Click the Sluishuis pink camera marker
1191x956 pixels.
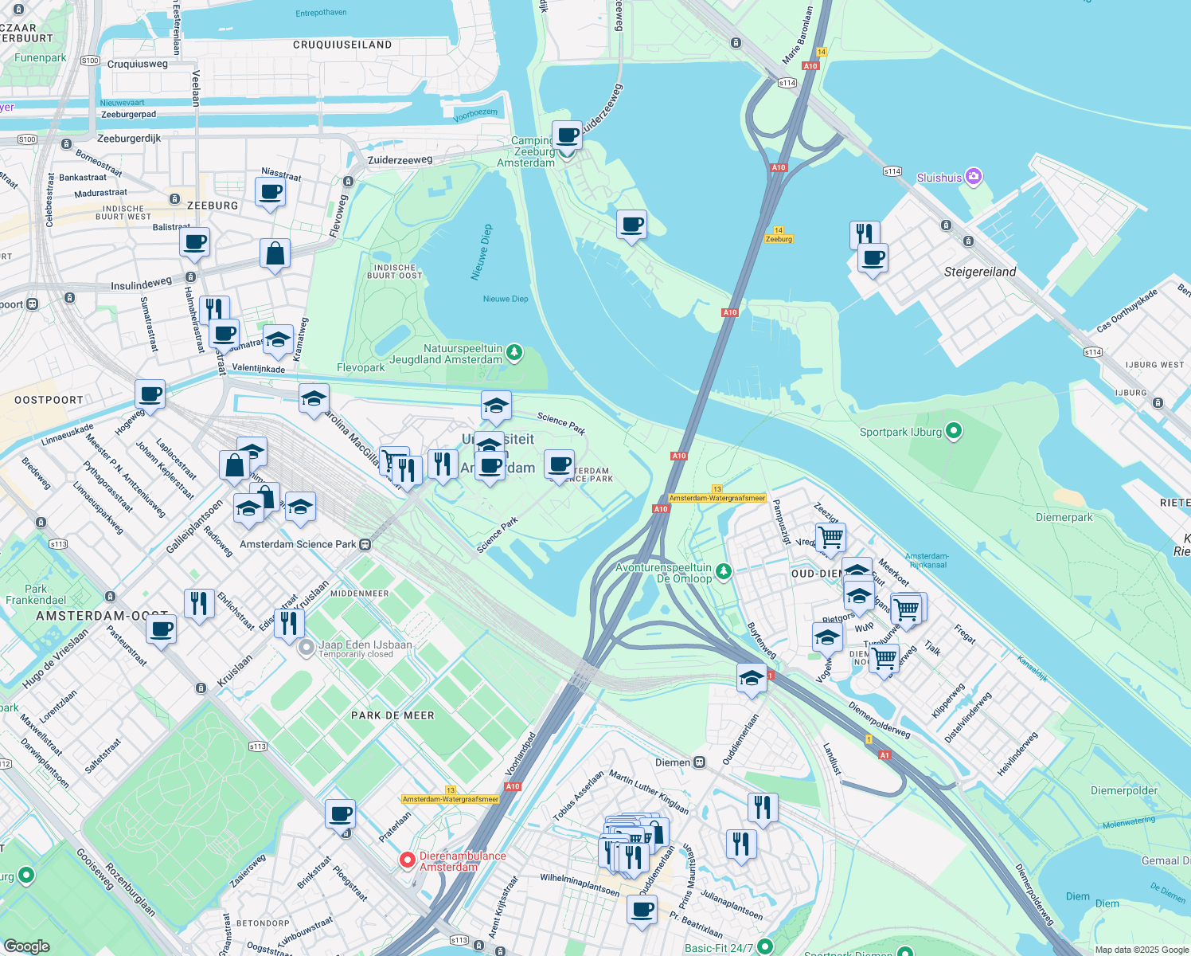pos(973,177)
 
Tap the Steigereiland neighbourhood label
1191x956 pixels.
pos(980,272)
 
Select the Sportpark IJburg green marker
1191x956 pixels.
pos(954,432)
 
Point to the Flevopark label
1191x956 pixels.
pos(361,367)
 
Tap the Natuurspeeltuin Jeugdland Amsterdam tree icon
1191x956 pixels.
pos(514,352)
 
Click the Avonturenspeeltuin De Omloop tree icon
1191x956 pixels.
pos(724,571)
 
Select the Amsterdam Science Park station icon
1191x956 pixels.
pos(365,545)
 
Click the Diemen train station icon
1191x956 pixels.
pos(699,762)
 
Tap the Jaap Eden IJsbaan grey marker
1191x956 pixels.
pos(306,648)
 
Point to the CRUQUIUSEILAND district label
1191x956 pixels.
pos(342,45)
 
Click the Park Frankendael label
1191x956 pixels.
pos(36,594)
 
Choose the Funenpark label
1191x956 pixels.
pos(41,57)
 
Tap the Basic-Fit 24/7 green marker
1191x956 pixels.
pos(765,946)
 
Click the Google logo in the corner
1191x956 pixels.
pos(26,946)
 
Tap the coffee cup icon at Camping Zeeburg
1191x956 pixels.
pos(567,135)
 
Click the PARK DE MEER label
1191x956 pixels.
pos(392,715)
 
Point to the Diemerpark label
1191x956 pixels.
pos(1064,517)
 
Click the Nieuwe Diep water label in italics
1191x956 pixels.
pos(482,252)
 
